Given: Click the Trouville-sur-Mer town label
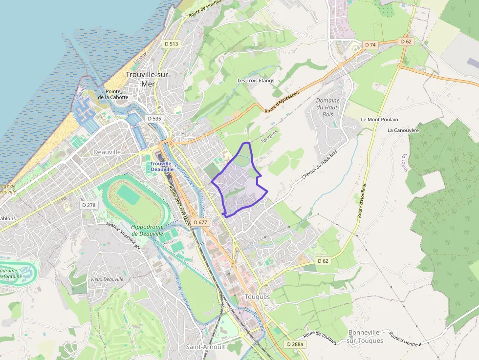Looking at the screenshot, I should point(147,79).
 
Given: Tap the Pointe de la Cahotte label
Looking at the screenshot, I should point(113,94).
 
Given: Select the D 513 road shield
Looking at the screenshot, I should point(172,44).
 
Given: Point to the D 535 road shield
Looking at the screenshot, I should point(154,119).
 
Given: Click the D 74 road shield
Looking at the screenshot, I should point(370,45).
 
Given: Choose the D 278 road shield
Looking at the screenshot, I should point(88,205).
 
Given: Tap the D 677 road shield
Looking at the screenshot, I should point(200,222).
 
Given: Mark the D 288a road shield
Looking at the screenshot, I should point(295,344).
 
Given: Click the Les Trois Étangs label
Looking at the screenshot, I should point(256,81).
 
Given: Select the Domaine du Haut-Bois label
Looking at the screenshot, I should point(327,107).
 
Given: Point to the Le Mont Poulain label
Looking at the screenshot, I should point(379,120).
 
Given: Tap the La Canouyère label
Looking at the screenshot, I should point(403,130).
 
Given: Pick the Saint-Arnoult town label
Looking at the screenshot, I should point(205,347).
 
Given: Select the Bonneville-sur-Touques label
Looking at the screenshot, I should point(366,336).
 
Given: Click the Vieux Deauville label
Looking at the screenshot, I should point(107,279).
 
